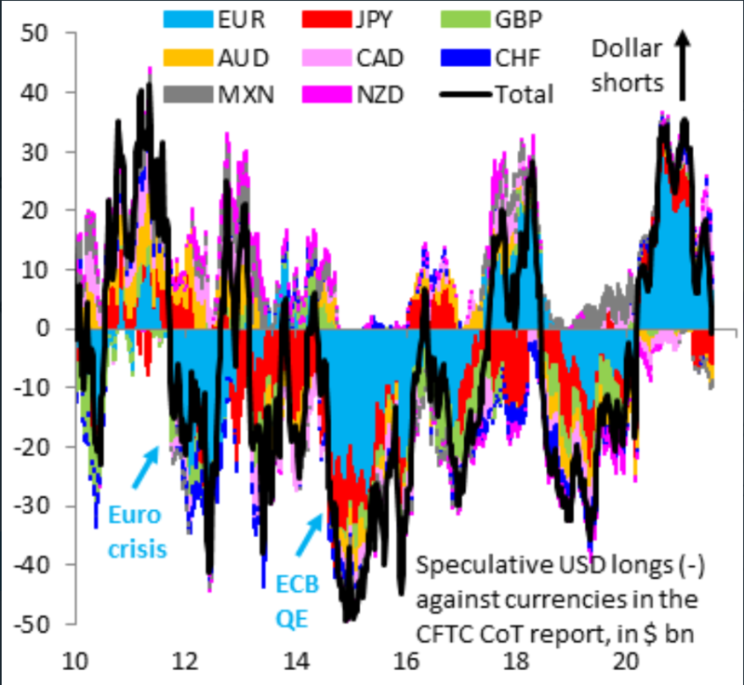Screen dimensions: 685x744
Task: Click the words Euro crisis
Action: [x=137, y=532]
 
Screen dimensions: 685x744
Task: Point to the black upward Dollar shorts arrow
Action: [x=682, y=65]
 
